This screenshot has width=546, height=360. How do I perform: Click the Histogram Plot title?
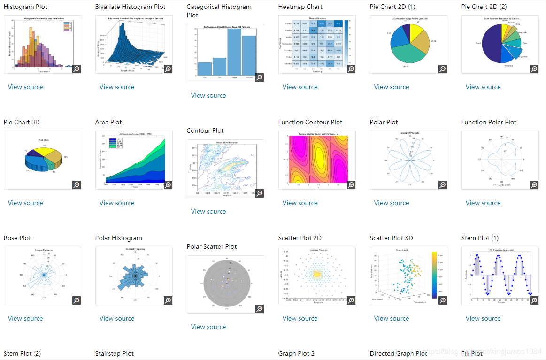tap(25, 7)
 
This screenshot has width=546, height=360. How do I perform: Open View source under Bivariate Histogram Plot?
tap(117, 87)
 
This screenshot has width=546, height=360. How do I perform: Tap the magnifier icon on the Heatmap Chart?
tap(351, 69)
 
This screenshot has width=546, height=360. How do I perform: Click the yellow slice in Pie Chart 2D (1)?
tap(415, 33)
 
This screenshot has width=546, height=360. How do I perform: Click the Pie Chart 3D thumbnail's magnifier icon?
tap(77, 185)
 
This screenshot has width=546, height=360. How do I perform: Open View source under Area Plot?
tap(117, 203)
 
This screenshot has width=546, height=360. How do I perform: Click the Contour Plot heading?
tap(205, 130)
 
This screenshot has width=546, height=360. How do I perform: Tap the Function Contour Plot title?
tap(310, 122)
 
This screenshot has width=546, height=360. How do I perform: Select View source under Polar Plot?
tap(392, 203)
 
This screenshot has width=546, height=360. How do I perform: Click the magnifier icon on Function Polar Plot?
tap(534, 185)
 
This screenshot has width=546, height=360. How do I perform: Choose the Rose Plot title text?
tap(17, 238)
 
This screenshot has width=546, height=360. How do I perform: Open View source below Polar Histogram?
tap(117, 318)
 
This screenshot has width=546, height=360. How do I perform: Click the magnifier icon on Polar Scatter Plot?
tap(259, 309)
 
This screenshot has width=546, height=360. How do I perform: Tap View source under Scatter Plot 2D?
tap(300, 318)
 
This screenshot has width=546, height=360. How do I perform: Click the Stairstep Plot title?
tap(114, 353)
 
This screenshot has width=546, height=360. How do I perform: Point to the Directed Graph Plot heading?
tap(398, 353)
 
